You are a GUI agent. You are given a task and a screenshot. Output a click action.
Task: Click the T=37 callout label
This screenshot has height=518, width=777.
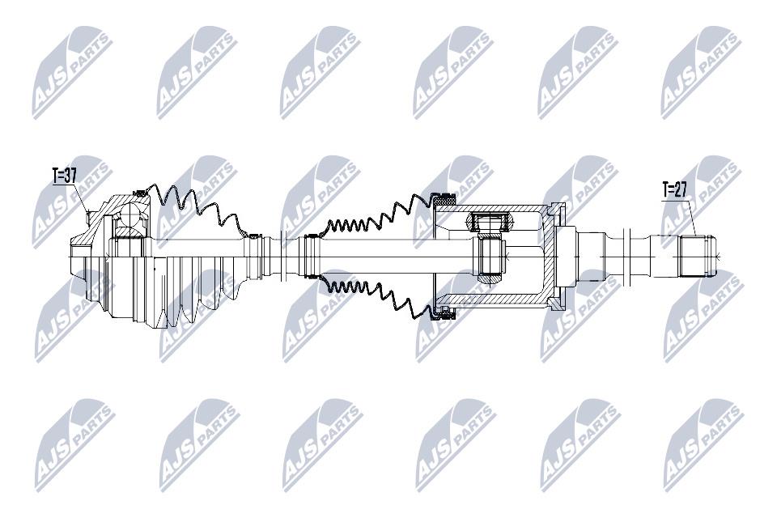(65, 176)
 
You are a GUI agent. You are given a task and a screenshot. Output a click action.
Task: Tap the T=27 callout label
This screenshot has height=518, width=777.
(675, 190)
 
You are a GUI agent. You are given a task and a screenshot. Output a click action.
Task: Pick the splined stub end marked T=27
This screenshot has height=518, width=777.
(697, 257)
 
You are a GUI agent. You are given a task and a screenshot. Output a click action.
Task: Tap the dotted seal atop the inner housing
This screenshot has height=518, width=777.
(444, 200)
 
